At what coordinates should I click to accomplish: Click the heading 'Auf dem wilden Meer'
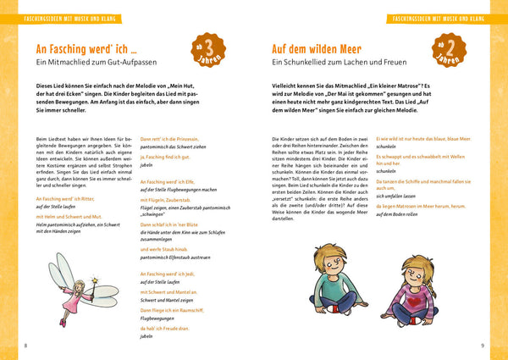click(x=323, y=49)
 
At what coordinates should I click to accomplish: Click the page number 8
click(x=25, y=345)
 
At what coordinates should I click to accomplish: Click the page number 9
click(x=482, y=345)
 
